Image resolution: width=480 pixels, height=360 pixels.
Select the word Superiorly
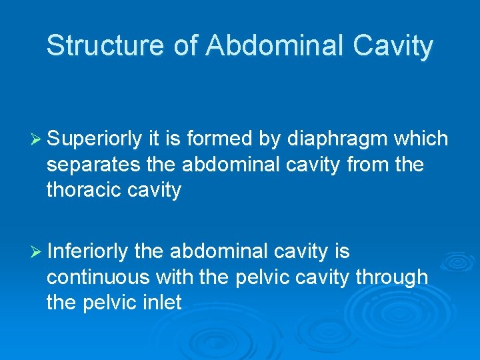[95, 139]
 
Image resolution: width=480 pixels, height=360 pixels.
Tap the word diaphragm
[339, 139]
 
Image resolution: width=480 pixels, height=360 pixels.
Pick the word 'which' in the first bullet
[421, 139]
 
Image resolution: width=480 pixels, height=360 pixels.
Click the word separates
[93, 164]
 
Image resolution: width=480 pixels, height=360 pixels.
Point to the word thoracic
[85, 189]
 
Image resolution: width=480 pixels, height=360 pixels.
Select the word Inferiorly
[87, 251]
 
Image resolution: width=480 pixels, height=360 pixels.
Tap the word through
[391, 277]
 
